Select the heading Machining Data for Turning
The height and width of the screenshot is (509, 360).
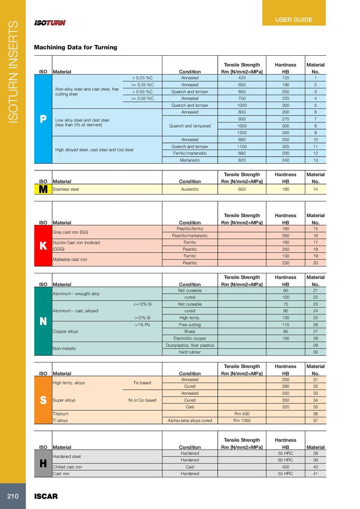pos(76,47)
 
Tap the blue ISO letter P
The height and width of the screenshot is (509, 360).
pos(43,119)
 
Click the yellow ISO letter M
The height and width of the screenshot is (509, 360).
pos(43,190)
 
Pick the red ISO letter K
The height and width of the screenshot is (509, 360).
pos(43,246)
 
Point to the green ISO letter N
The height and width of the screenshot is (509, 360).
pos(43,321)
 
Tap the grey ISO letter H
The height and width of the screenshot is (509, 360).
pos(43,464)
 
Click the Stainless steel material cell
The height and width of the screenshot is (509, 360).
pos(66,190)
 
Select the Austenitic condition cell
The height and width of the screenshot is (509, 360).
pos(189,190)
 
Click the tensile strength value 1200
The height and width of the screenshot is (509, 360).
pos(242,133)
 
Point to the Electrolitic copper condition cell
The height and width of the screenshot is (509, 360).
pos(189,338)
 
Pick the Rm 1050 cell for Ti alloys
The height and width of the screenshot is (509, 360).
pos(242,420)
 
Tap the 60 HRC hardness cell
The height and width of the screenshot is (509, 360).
pos(285,460)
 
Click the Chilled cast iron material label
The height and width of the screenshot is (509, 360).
pos(67,467)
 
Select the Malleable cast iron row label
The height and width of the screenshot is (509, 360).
pos(70,259)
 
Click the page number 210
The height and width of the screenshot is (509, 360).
pos(12,496)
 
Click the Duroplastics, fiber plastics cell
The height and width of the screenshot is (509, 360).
pos(189,345)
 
